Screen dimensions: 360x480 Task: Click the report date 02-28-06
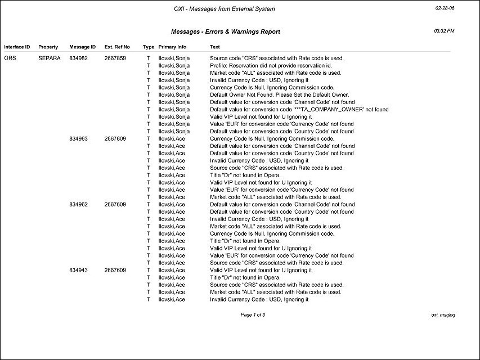445,8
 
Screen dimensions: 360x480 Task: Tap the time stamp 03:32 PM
444,30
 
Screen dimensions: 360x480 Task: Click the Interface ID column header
17,47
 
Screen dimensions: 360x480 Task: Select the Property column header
48,47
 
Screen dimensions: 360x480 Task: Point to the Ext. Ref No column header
117,47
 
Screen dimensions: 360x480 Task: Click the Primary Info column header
172,47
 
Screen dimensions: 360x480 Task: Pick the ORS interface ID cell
10,58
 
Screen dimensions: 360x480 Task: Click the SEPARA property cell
48,58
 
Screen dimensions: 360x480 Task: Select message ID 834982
79,58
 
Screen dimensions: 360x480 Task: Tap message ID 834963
79,138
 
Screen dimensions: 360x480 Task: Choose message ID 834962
79,204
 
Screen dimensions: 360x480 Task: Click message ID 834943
79,270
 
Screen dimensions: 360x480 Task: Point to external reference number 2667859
115,58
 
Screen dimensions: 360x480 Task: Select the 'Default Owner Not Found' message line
280,94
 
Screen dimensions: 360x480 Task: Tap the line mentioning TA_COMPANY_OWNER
299,109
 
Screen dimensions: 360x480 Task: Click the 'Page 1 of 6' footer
253,314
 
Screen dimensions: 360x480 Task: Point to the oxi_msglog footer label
443,314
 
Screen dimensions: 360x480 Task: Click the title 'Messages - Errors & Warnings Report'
225,32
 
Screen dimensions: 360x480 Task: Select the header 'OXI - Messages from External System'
225,9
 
